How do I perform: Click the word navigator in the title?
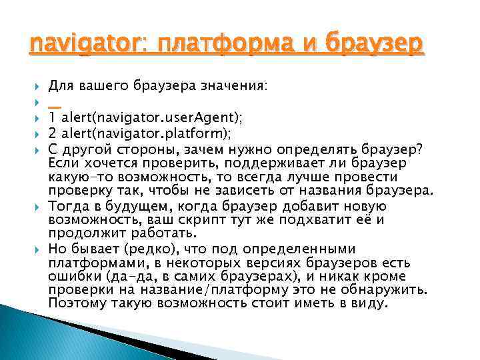(71, 45)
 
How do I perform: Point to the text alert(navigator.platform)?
(147, 132)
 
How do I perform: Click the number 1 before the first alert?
(53, 117)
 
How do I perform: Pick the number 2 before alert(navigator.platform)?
(53, 132)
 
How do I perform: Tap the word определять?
(316, 147)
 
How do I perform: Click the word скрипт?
(195, 220)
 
